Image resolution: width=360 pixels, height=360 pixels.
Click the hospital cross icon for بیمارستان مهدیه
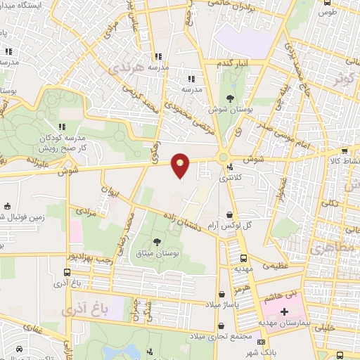[284, 311]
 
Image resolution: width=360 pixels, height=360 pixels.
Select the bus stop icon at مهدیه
[243, 258]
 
